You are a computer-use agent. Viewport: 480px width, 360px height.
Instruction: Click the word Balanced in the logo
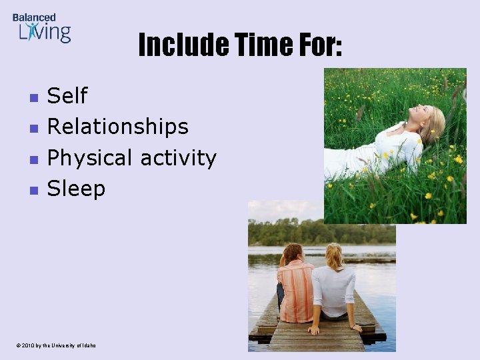[34, 17]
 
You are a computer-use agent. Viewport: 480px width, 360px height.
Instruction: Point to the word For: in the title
[317, 45]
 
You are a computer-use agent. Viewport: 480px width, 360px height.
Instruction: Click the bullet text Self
[67, 96]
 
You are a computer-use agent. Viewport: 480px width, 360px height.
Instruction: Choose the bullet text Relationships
[117, 127]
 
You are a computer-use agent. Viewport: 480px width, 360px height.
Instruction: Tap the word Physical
[90, 158]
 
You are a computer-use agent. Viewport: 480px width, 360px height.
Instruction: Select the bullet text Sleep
[76, 189]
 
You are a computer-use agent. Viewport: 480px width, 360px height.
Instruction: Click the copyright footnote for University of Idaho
[57, 345]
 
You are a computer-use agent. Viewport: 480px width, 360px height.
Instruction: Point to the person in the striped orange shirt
[295, 287]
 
